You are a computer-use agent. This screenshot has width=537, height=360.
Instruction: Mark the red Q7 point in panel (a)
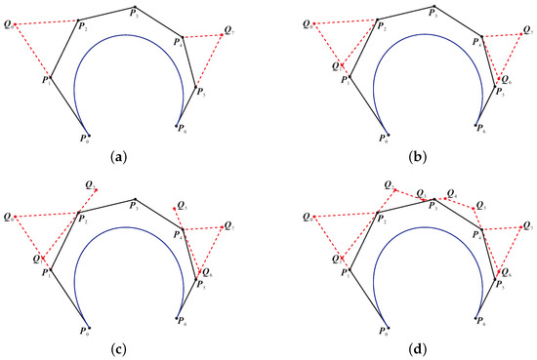coord(223,35)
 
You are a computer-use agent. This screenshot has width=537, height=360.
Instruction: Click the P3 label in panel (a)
coord(136,15)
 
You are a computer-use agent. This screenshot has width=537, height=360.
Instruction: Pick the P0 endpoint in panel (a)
coord(88,136)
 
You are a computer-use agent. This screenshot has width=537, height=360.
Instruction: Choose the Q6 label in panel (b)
coord(509,80)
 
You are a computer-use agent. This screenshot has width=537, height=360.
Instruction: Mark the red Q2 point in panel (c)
coord(94,187)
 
